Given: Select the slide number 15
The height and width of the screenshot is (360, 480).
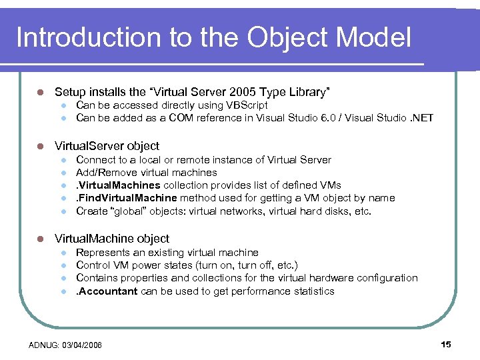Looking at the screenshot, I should point(446,344).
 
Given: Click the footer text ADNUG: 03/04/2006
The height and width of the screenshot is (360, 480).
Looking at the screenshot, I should point(66,345).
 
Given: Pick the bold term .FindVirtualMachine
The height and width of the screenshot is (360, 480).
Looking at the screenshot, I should point(127,198).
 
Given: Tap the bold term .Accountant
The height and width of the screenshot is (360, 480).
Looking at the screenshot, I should point(107,291).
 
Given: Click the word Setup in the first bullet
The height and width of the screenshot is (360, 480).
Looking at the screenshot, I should point(69,91).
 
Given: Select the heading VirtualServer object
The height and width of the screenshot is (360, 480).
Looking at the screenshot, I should point(107,145).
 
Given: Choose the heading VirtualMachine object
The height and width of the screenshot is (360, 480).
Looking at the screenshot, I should point(112,239).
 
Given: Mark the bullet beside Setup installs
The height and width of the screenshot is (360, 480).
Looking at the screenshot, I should point(40,91).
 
